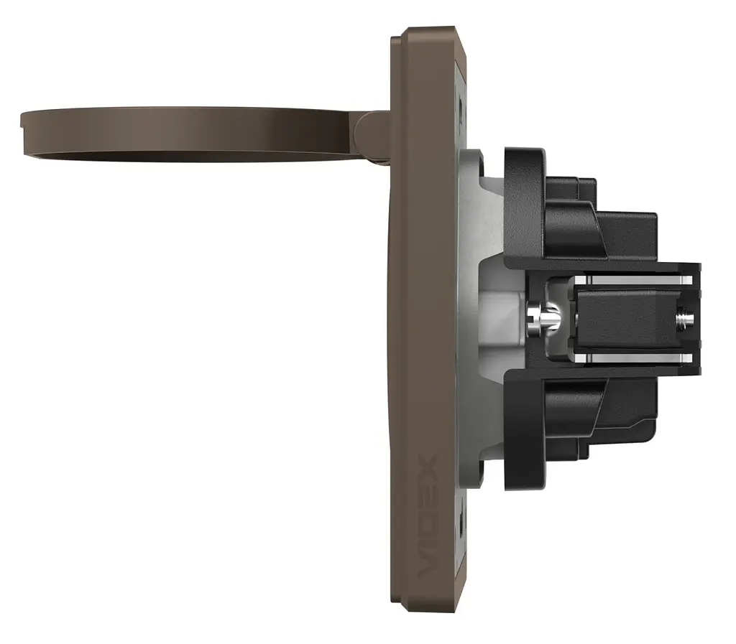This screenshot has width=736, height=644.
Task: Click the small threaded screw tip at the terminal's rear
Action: pos(684,319)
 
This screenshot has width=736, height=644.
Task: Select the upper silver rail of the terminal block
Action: pos(634,280)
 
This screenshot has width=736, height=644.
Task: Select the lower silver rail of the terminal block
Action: pos(634,358)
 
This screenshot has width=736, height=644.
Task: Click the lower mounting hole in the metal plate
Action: pos(462,523)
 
